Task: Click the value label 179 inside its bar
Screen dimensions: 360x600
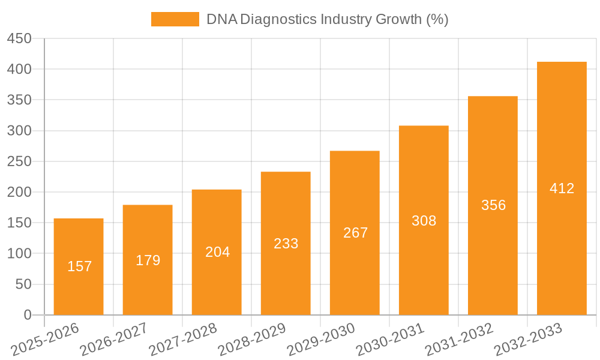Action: coord(148,260)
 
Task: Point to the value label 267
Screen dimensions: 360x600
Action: coord(355,233)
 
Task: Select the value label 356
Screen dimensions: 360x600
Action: coord(493,205)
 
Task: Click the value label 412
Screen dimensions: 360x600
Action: coord(562,188)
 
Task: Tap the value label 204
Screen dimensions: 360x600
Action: coord(217,252)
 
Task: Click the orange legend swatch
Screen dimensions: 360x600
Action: coord(175,19)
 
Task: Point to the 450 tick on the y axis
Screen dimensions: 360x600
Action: coord(19,38)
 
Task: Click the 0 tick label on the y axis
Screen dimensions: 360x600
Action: coord(27,315)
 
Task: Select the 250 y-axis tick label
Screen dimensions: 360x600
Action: coord(19,161)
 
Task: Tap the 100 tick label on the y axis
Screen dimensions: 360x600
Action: coord(19,254)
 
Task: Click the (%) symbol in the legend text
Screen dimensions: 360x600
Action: coord(437,19)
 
